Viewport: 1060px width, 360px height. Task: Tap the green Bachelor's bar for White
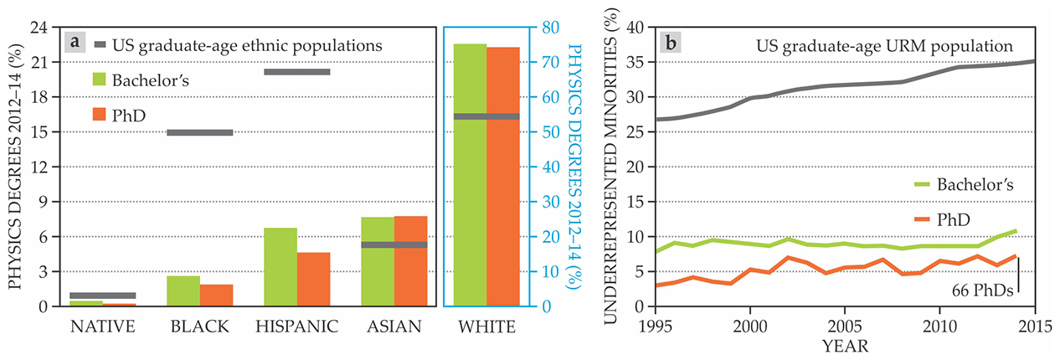click(x=471, y=175)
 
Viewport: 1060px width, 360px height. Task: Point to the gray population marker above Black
click(x=199, y=132)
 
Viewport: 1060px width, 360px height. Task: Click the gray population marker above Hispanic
click(x=297, y=72)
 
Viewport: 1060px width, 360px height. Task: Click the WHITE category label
click(x=486, y=327)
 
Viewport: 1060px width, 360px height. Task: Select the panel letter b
click(x=670, y=44)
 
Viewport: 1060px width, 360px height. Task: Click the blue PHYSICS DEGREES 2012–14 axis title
click(x=574, y=167)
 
